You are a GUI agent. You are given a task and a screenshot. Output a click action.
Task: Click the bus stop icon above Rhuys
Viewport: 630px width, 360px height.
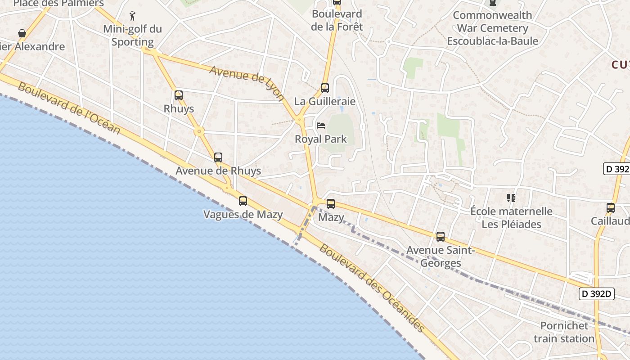coord(179,95)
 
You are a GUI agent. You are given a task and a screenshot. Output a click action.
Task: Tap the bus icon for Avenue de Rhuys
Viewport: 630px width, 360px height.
coord(218,157)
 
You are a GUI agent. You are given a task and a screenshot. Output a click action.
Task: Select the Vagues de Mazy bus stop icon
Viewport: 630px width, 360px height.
coord(243,201)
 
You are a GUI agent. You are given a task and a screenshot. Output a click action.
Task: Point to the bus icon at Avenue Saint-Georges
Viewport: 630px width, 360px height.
coord(441,237)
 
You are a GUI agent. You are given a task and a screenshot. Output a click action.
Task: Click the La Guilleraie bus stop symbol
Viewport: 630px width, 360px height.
coord(325,88)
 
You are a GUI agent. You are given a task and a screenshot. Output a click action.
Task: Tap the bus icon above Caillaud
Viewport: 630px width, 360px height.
coord(611,208)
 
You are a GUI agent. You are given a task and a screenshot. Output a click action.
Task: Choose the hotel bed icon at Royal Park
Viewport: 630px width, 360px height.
coord(321,126)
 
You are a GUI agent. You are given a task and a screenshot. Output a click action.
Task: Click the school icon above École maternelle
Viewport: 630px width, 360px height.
coord(511,198)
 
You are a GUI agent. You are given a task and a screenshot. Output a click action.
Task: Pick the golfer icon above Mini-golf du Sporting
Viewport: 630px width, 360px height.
coord(132,16)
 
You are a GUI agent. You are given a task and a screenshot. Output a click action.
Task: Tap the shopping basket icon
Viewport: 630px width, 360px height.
coord(22,33)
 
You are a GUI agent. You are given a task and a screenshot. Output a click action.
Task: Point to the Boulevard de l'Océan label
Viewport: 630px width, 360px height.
coord(69,108)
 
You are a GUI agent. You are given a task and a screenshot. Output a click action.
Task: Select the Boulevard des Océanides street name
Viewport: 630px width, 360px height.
coord(372,288)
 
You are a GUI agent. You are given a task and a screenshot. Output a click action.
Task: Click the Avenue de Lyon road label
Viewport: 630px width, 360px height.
coord(247,83)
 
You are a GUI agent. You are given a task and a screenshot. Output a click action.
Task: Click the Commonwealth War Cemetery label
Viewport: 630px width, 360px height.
coord(492,28)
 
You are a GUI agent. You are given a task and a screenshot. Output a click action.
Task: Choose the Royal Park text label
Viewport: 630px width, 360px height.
coord(321,139)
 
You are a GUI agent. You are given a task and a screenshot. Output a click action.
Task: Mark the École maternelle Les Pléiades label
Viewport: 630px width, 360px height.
coord(511,217)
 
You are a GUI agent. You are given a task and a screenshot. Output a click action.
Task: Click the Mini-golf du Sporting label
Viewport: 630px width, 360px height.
coord(132,36)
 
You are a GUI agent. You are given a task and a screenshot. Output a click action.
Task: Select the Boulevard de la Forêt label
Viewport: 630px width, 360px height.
coord(337,20)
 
